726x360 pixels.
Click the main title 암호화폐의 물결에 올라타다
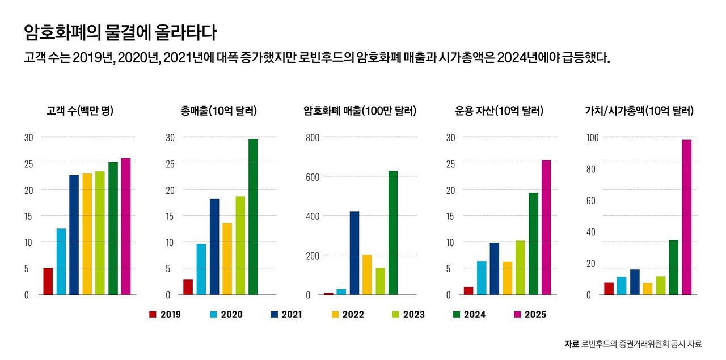point(120,32)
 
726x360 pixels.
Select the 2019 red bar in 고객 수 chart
point(48,281)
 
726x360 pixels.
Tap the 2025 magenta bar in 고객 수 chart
point(126,227)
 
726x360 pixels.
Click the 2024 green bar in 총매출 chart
point(253,217)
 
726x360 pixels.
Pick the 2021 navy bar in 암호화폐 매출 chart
point(354,253)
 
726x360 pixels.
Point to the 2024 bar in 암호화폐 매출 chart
point(393,232)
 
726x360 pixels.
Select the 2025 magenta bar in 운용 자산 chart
point(546,227)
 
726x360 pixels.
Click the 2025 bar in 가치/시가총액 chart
point(687,217)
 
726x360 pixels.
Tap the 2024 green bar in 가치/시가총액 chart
point(673,267)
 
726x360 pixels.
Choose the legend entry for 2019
point(165,315)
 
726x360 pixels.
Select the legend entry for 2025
point(530,315)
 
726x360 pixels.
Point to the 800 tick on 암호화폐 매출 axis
point(313,137)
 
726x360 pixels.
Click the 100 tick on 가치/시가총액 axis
point(592,137)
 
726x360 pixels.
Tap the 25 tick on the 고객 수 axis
point(29,163)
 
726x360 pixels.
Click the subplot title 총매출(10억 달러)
point(215,111)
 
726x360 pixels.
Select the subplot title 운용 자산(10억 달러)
point(499,111)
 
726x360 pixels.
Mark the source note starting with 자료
point(633,344)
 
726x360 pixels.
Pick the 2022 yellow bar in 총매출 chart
point(227,259)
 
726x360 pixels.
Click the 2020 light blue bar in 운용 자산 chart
point(482,278)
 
